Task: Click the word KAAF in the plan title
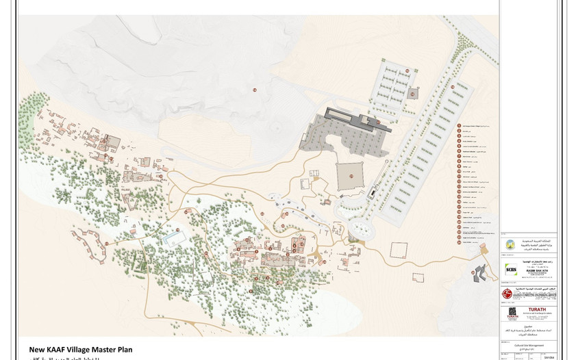[64, 349]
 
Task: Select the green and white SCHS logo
[510, 269]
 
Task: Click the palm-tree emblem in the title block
[510, 244]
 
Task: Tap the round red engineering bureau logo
[507, 293]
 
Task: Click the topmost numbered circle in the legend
[458, 127]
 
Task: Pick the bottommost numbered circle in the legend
[458, 241]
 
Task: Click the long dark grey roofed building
[356, 119]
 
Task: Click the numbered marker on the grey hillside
[253, 90]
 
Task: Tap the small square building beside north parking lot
[413, 93]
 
